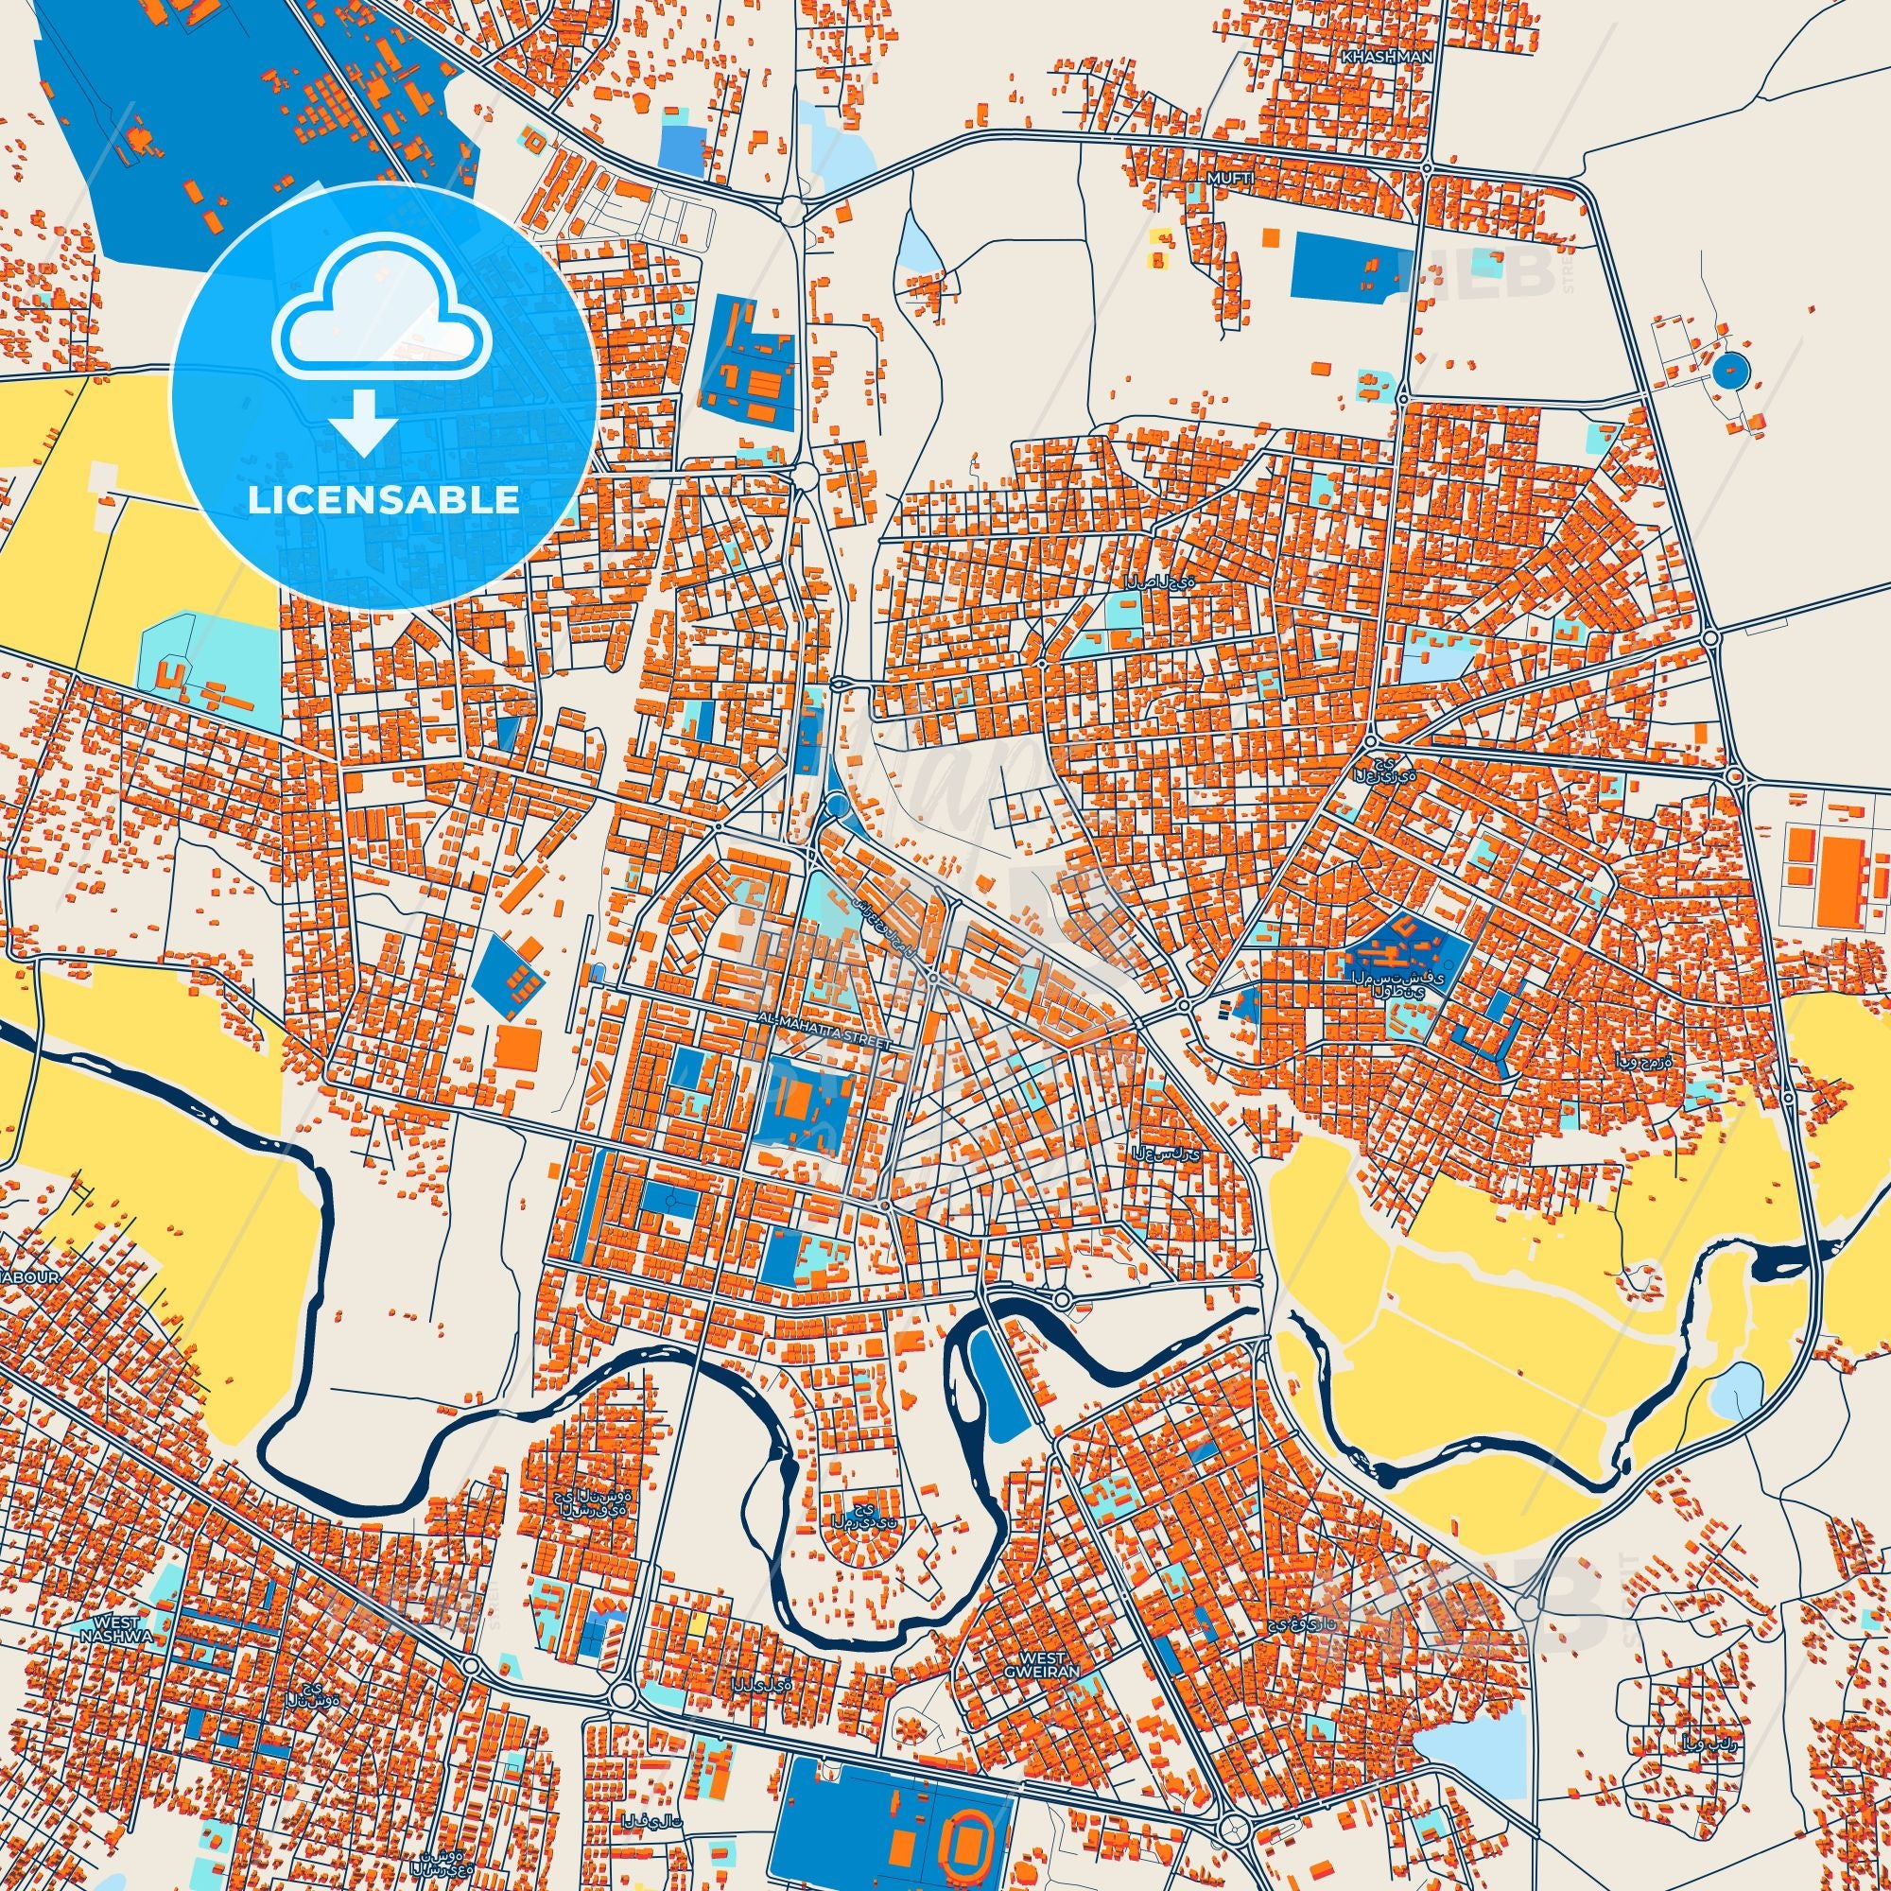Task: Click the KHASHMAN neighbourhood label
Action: tap(1387, 57)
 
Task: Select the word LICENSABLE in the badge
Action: tap(383, 500)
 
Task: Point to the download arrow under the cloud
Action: tap(362, 421)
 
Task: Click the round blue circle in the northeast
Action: tap(1729, 370)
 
